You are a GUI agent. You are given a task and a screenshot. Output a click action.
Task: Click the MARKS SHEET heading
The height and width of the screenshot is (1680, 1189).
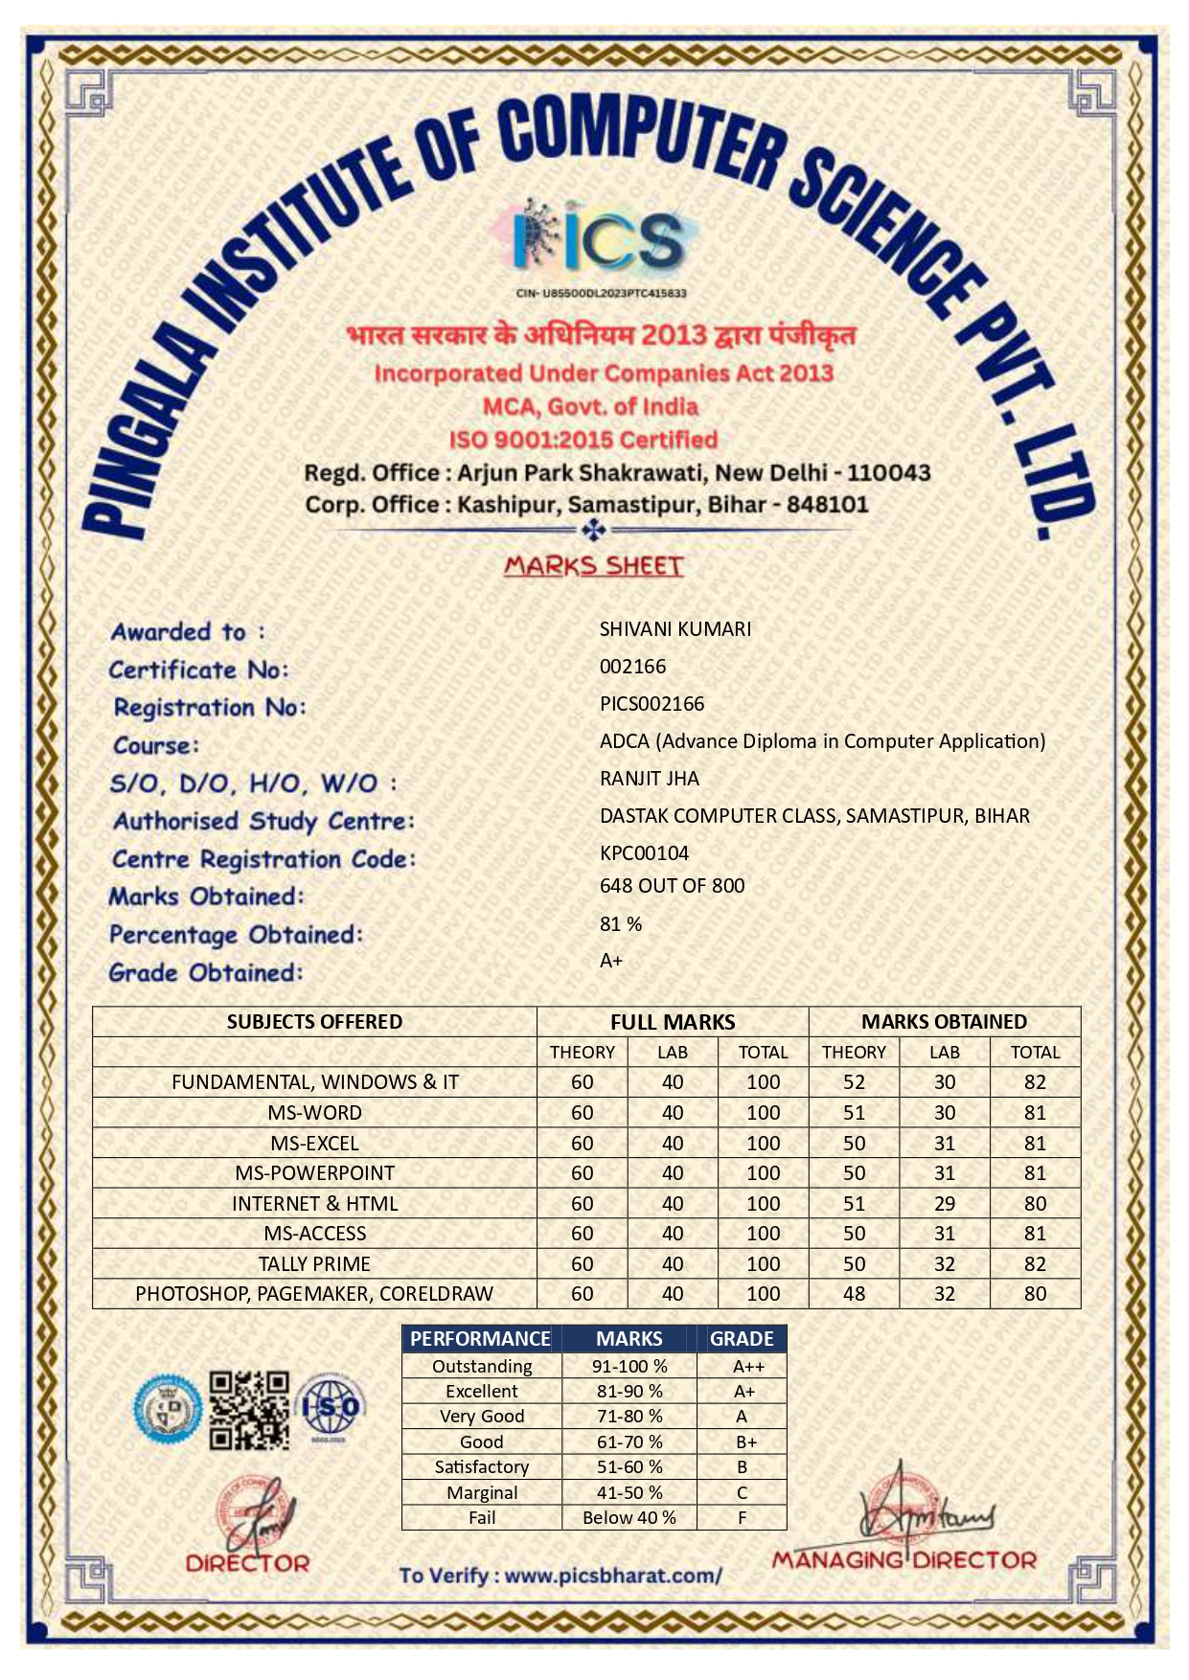[594, 566]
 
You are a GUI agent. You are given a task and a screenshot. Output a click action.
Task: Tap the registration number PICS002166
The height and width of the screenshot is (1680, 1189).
[652, 704]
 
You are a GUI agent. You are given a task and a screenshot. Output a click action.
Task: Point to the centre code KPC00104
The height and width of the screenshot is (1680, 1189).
[644, 853]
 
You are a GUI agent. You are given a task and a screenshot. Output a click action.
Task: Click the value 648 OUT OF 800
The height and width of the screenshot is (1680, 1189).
[672, 886]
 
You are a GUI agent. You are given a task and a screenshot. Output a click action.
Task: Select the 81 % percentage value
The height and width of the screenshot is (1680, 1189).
[621, 924]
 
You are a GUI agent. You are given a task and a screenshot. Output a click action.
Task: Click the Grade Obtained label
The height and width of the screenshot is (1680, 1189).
[205, 973]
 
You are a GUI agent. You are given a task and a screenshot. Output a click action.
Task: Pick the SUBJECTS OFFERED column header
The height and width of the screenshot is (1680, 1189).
[314, 1022]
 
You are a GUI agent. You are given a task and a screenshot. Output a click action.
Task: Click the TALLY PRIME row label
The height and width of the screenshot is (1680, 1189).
[314, 1264]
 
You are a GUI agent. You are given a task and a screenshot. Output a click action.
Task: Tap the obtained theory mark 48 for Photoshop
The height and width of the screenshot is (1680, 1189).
[854, 1294]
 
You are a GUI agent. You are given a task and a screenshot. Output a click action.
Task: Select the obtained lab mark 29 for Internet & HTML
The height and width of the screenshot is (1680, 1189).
[944, 1204]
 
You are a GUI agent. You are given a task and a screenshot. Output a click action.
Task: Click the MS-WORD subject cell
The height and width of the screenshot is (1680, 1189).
[314, 1113]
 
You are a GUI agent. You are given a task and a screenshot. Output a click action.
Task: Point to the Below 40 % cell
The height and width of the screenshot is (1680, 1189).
[629, 1518]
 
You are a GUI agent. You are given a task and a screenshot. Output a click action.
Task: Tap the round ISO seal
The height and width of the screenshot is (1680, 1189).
[330, 1407]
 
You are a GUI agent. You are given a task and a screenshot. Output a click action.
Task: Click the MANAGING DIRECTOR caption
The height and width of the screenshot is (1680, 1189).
[903, 1560]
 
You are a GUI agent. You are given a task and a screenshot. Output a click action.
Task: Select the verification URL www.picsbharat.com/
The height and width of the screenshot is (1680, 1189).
[613, 1576]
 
